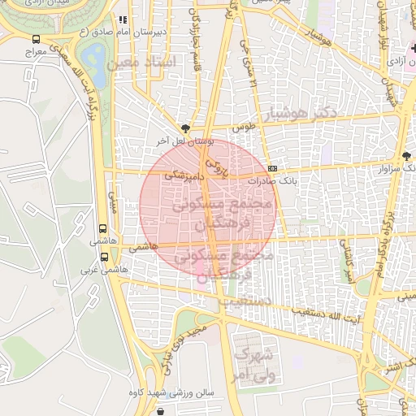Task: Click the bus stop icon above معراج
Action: pos(36,38)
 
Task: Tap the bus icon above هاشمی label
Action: pos(103,229)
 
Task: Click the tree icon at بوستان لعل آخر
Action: pos(188,128)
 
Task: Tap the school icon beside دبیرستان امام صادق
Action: pos(123,19)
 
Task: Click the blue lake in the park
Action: pos(93,57)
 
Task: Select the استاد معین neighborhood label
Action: pos(140,63)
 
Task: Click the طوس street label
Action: pos(245,128)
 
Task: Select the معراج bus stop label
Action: pos(36,51)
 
